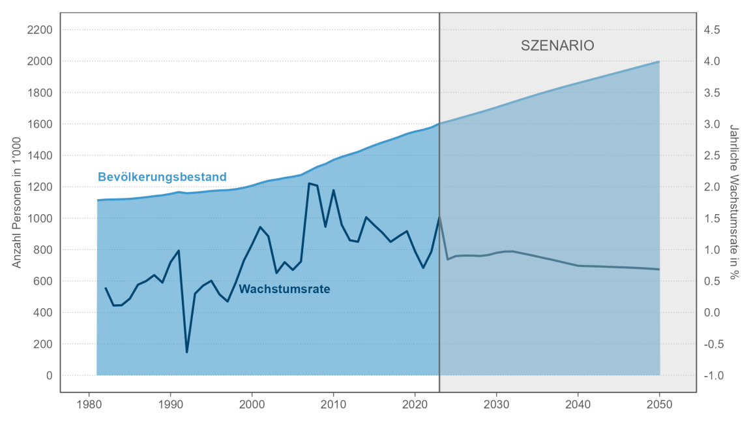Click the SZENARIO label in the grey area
pos(557,46)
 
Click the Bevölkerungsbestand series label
pos(162,177)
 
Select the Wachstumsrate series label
pos(284,289)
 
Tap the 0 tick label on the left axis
pos(48,375)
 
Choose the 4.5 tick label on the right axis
pos(712,30)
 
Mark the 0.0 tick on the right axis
pos(712,313)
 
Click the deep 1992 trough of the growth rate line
pos(187,352)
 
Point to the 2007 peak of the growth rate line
pos(309,183)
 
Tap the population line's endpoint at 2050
pos(659,61)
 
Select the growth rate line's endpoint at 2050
pos(659,269)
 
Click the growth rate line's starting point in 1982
pos(106,288)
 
